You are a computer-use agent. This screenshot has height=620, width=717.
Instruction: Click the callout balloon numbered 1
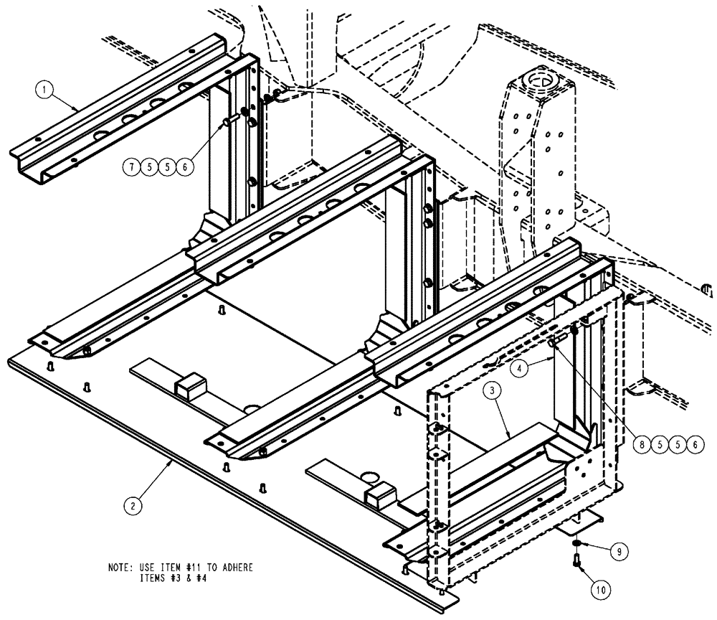[45, 90]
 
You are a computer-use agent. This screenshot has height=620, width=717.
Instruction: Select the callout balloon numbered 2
[131, 506]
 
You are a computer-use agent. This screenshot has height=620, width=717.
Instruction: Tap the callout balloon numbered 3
[490, 391]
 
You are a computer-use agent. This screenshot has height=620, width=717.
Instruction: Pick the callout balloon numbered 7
[131, 167]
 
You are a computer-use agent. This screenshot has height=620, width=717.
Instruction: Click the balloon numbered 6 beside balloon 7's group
[184, 167]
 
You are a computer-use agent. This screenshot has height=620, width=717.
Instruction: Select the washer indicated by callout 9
[577, 544]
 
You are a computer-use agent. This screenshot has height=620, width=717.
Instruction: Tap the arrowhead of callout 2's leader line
[171, 464]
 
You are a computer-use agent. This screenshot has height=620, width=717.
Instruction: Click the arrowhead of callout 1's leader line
[80, 108]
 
